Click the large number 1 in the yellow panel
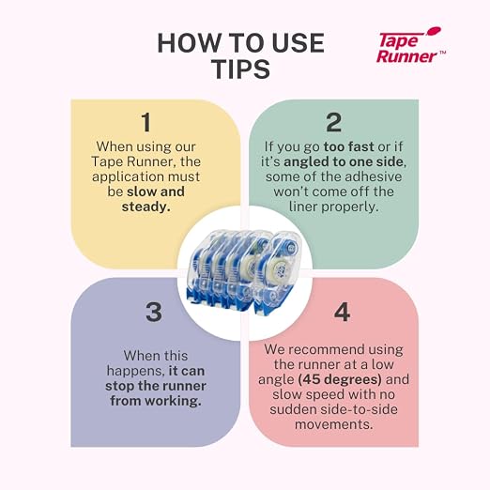coord(146,122)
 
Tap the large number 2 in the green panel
coord(334,122)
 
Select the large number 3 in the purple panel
coord(154,312)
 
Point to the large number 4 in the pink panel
coord(342,312)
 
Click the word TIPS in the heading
coord(241,69)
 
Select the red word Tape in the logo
coord(399,41)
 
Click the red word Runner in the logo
coord(406,56)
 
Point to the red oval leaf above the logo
coord(435,31)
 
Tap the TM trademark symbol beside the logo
coord(442,53)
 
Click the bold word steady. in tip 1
coord(146,207)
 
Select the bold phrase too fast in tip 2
coord(349,146)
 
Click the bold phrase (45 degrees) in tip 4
coord(340,379)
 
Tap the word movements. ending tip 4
coord(334,424)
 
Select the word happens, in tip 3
coord(136,372)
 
